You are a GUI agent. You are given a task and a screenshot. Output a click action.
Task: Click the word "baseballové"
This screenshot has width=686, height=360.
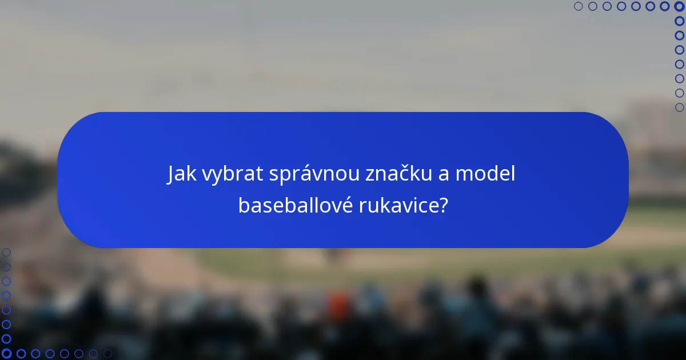[x=295, y=205]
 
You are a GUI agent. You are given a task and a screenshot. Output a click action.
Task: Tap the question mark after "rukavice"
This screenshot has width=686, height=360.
[x=443, y=205]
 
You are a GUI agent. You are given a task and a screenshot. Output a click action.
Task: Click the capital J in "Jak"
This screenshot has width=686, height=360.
[x=171, y=174]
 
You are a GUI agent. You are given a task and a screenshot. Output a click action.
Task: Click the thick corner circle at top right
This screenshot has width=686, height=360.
[x=679, y=6]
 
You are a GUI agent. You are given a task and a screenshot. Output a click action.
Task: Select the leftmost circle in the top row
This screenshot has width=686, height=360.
[x=579, y=6]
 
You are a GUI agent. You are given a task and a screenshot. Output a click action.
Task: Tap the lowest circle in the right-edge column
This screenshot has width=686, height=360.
[x=679, y=107]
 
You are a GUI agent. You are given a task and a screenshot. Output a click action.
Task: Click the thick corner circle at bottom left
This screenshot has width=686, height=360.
[x=6, y=354]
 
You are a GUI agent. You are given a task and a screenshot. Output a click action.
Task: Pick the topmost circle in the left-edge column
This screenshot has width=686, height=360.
[x=6, y=253]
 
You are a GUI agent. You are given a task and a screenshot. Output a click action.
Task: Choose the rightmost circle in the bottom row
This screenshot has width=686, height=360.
[x=107, y=354]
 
